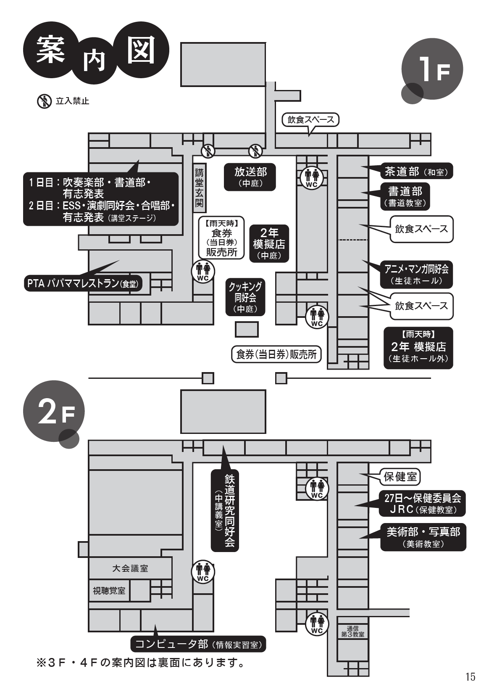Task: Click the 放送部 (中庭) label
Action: tap(250, 177)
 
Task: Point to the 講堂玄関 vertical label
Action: tap(199, 188)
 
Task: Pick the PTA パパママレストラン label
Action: tap(82, 284)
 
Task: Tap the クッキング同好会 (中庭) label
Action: tap(245, 297)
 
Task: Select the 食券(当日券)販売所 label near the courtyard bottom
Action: tap(276, 354)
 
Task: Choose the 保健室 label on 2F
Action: tap(400, 476)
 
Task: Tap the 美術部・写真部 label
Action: tap(423, 536)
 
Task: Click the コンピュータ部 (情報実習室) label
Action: tap(198, 644)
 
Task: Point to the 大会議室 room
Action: tap(130, 568)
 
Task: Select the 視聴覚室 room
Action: tap(109, 591)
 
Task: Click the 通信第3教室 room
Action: tap(353, 632)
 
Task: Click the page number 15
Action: tap(470, 677)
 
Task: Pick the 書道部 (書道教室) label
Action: tap(405, 196)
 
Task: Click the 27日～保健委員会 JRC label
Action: tap(423, 503)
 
